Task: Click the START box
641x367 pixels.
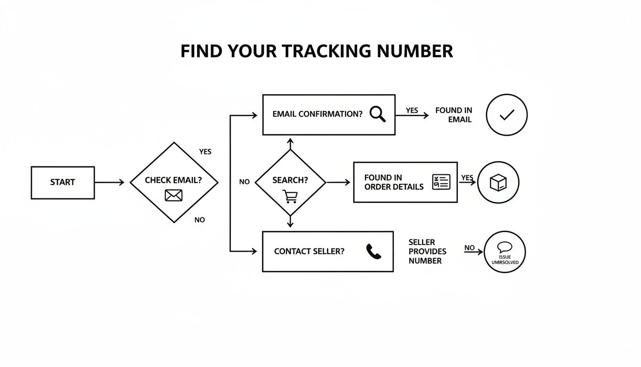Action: tap(62, 183)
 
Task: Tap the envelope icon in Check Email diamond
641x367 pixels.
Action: tap(174, 195)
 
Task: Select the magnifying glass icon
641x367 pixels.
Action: tap(377, 114)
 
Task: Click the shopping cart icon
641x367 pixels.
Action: tap(289, 196)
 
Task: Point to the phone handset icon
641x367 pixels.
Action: tap(373, 251)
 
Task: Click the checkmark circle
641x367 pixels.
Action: tap(507, 115)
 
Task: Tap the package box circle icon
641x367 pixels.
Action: tap(498, 183)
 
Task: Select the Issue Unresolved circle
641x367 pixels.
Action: tap(504, 252)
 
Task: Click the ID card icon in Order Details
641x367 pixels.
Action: tap(441, 182)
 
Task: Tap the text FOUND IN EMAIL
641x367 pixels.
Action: tap(454, 115)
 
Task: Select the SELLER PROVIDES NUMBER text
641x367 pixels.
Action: tap(427, 251)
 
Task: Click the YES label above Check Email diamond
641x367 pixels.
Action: tap(205, 151)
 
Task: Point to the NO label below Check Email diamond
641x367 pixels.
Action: tap(200, 220)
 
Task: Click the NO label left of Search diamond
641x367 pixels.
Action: tap(244, 182)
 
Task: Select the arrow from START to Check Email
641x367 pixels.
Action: tap(109, 183)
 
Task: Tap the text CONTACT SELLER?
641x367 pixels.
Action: tap(309, 251)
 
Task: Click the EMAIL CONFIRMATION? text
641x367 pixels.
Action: tap(317, 115)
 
